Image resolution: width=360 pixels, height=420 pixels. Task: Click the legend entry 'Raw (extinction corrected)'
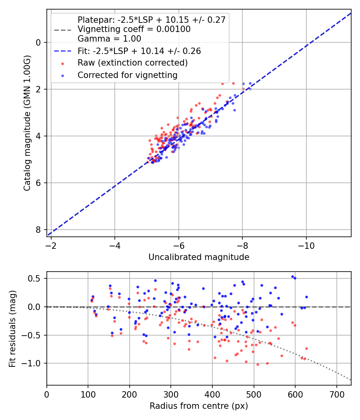[132, 63]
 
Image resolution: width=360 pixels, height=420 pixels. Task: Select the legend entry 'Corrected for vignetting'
[128, 75]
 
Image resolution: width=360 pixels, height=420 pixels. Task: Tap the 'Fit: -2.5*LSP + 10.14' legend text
[139, 51]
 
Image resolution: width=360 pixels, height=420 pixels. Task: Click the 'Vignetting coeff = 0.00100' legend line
[134, 29]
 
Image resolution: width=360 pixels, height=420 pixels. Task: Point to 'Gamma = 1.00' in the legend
[109, 39]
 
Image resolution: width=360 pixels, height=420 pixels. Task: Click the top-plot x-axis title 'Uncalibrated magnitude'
[199, 257]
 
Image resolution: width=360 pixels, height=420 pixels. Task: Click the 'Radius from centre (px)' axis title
[199, 406]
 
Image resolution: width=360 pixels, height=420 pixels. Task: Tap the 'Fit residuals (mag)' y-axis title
[12, 328]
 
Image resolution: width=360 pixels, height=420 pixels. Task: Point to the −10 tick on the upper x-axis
[306, 244]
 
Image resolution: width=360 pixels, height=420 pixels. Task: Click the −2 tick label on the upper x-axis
[51, 244]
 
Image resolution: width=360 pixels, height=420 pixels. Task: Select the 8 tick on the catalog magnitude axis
[38, 230]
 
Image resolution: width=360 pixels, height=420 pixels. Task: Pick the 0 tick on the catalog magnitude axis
[38, 42]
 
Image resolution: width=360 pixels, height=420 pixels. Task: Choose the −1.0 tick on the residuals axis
[34, 363]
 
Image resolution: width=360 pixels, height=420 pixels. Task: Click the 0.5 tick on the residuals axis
[35, 278]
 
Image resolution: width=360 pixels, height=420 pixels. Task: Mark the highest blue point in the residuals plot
[292, 276]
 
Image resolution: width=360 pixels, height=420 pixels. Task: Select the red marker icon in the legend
[62, 63]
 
